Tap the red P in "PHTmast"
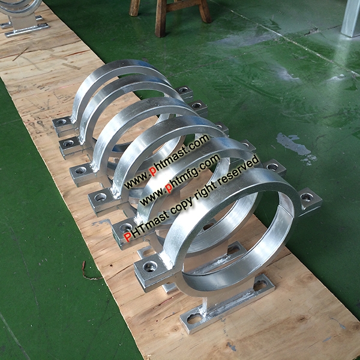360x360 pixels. [127, 237]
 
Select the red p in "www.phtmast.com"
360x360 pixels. [152, 171]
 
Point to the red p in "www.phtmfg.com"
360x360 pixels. [169, 188]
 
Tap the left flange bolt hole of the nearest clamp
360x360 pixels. [150, 266]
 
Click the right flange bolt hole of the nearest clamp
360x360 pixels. [307, 197]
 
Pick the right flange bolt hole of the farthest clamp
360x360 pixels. [183, 90]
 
